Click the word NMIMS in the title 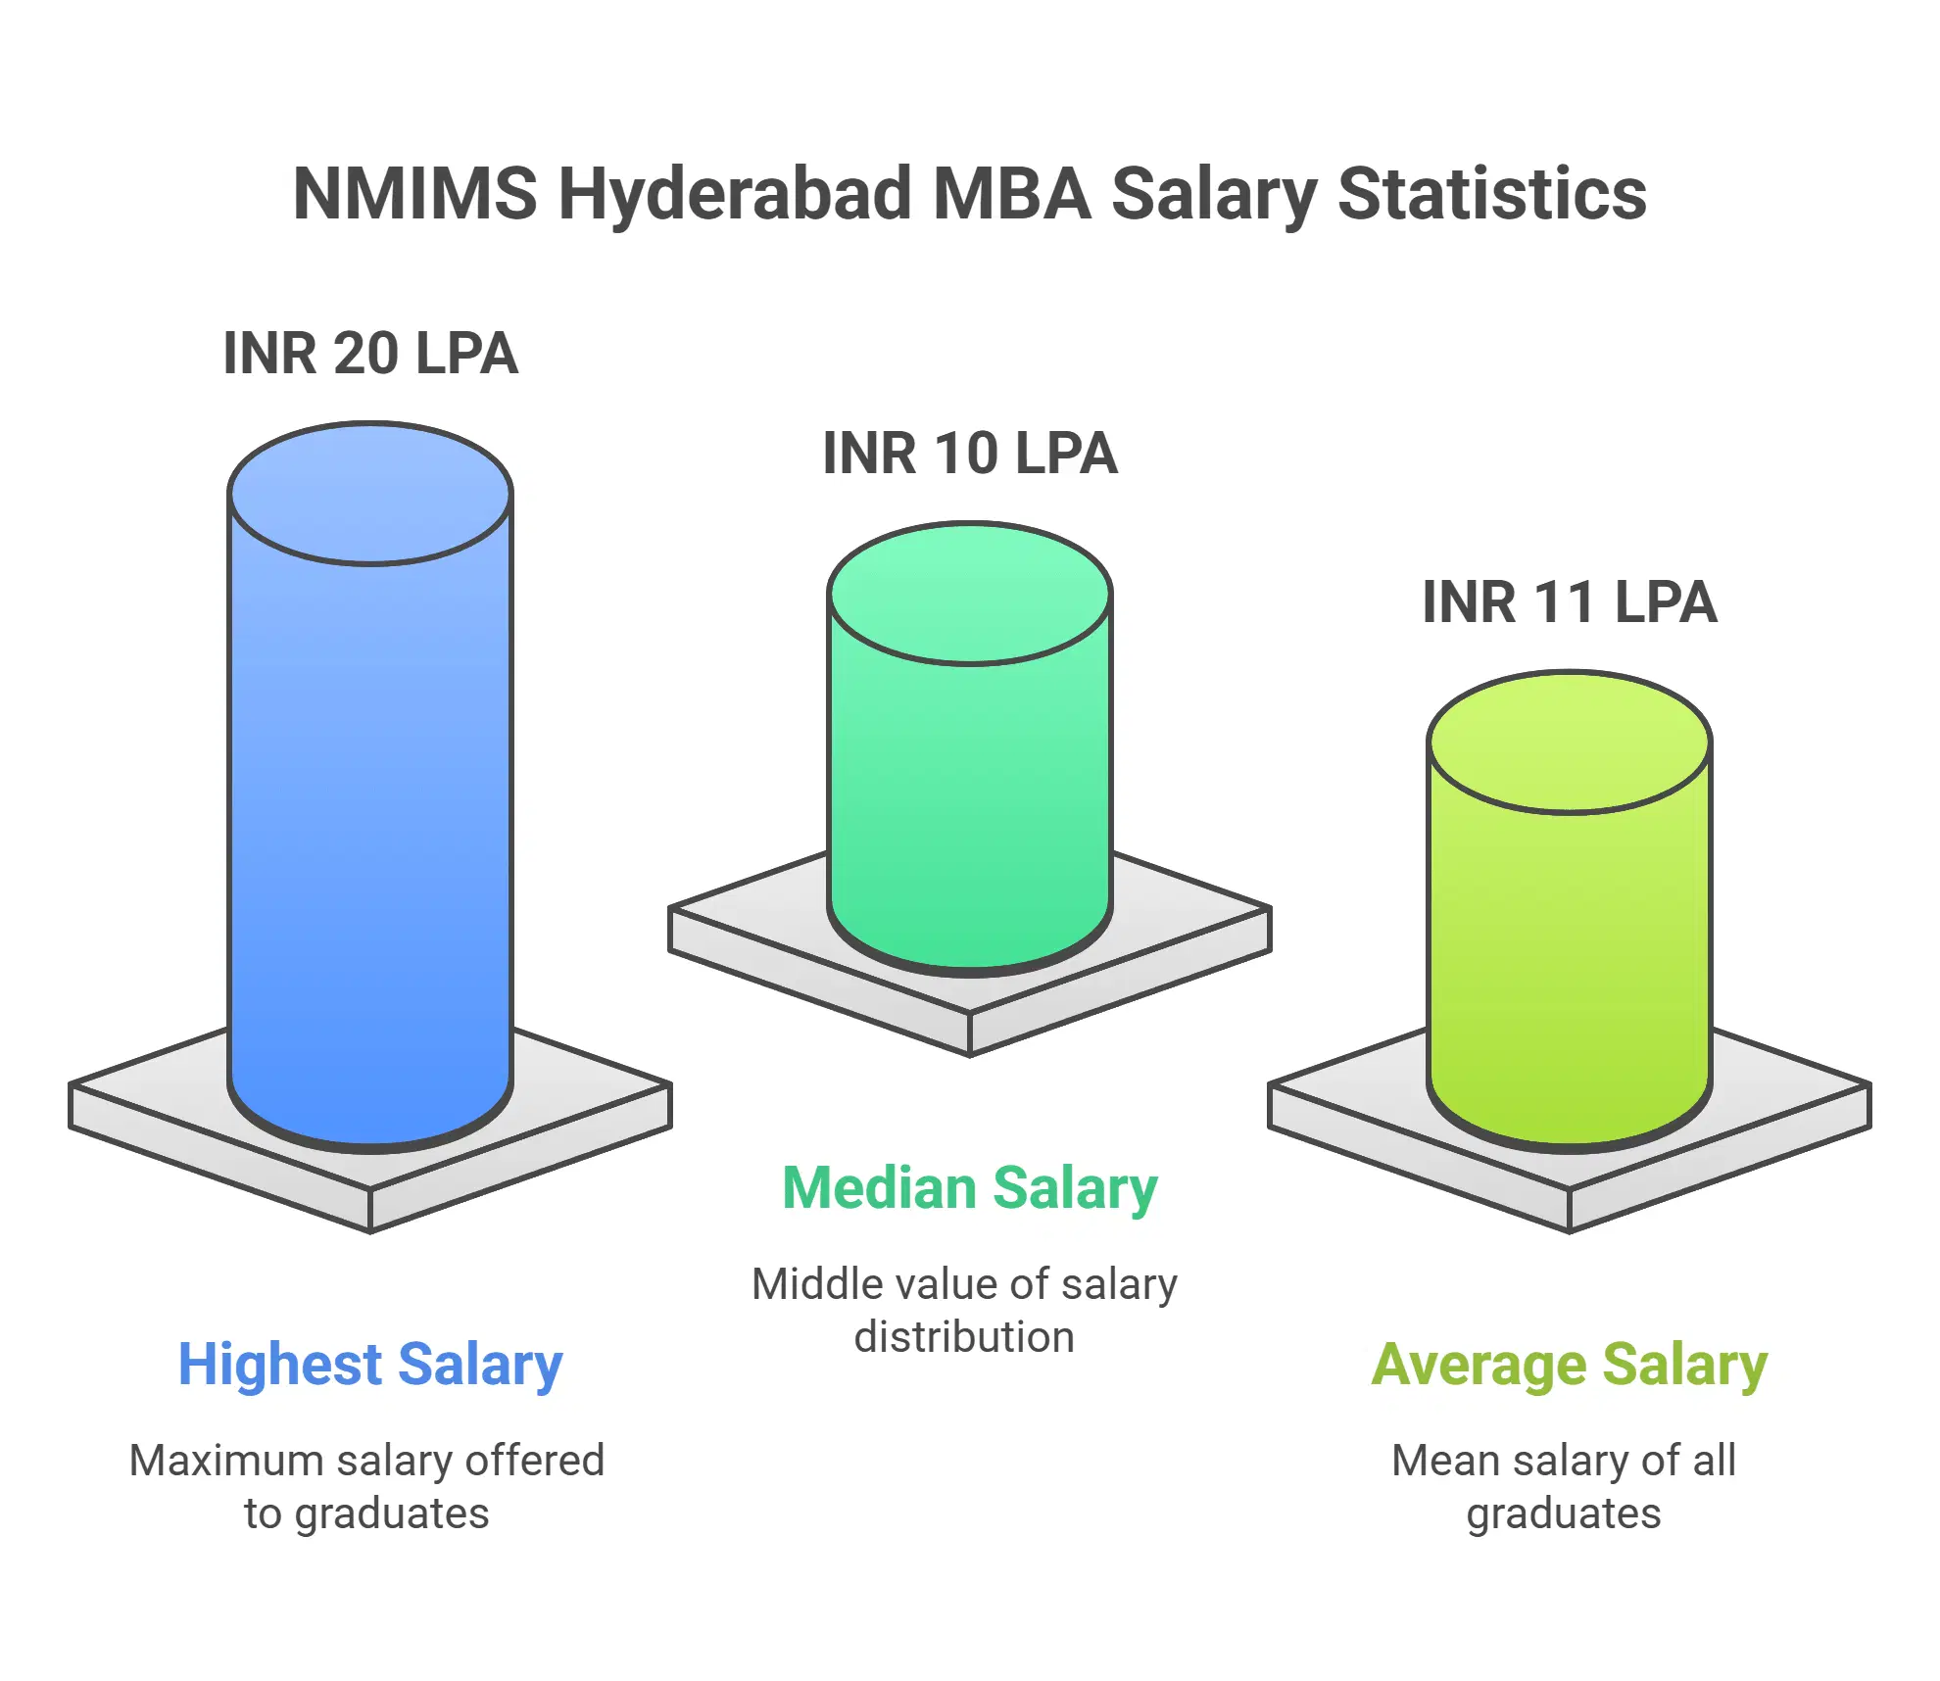click(415, 193)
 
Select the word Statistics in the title click(1491, 193)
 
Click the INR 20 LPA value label click(370, 354)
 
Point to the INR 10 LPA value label click(970, 454)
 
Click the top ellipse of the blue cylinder click(370, 494)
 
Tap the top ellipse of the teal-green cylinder click(970, 594)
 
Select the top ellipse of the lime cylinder click(1569, 743)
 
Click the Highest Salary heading click(370, 1364)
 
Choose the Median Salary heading click(970, 1187)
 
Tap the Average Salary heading click(1569, 1364)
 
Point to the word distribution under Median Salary click(964, 1337)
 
